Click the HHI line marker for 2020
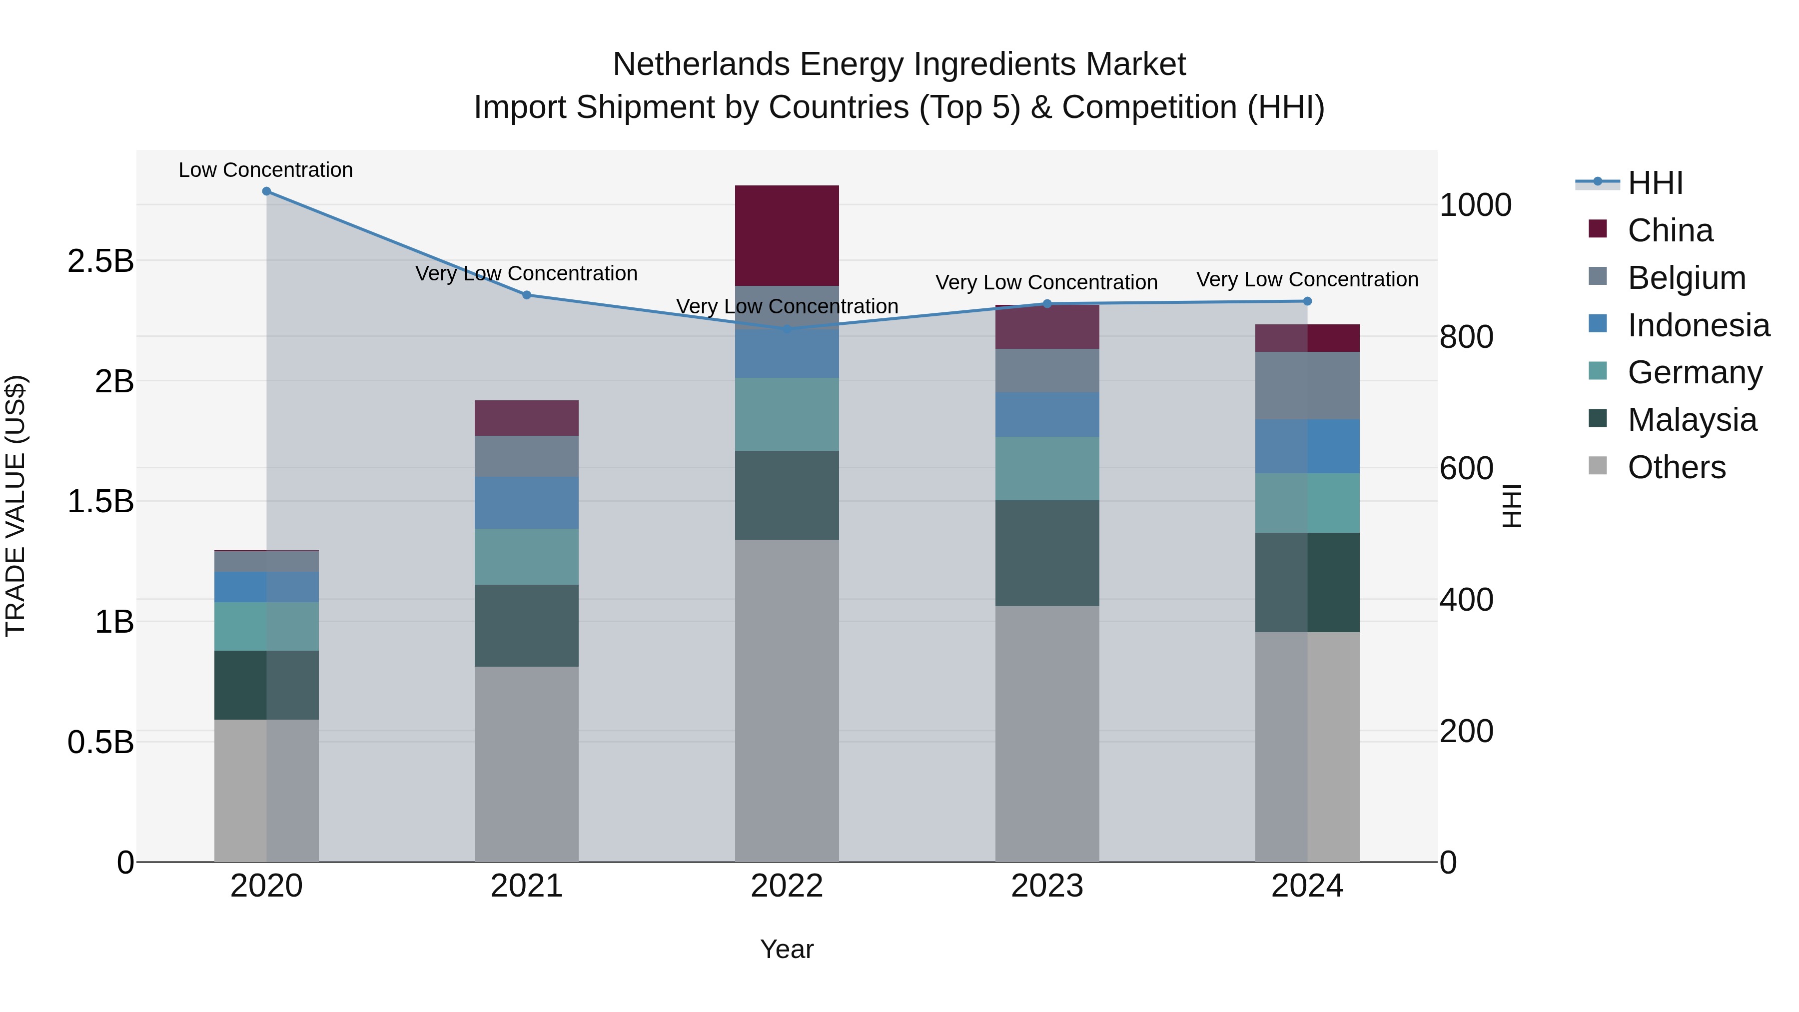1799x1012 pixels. click(266, 191)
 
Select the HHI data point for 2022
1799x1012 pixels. click(787, 329)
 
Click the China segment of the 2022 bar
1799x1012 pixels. click(787, 235)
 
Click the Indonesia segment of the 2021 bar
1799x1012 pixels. click(527, 502)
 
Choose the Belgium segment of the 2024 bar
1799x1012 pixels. click(1307, 385)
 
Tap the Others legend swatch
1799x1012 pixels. click(1597, 466)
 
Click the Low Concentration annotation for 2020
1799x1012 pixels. click(266, 170)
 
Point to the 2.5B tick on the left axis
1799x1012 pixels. click(100, 261)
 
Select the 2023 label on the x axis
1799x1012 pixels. click(1047, 886)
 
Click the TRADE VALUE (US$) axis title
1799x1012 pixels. click(16, 506)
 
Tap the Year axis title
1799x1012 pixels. click(787, 949)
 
